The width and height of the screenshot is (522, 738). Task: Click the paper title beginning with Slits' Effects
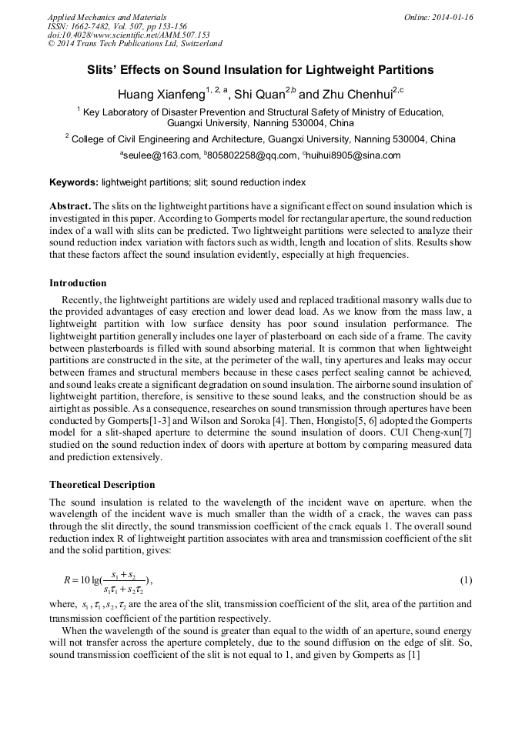(x=260, y=70)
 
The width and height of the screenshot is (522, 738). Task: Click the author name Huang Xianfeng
(x=161, y=95)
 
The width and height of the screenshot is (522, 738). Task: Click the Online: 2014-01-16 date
(x=439, y=17)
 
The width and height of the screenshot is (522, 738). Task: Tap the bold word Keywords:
(x=74, y=183)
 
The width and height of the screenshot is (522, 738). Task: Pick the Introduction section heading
(x=78, y=283)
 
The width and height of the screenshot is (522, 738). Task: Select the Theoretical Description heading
(x=102, y=485)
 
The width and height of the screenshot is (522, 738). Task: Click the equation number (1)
(x=465, y=579)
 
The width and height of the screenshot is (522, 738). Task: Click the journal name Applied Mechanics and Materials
(x=107, y=16)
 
